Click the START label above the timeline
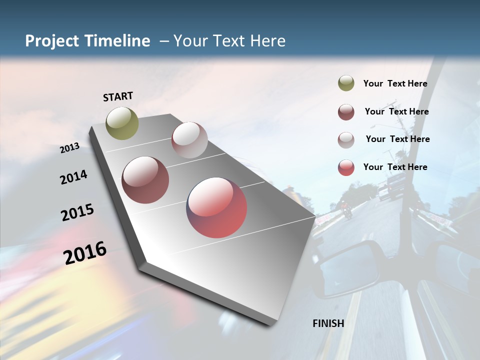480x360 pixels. pos(118,96)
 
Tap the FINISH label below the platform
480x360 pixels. pos(328,323)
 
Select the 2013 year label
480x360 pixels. pos(70,147)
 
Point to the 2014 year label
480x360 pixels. pos(73,177)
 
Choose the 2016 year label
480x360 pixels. pos(85,253)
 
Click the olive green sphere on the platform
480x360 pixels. pos(122,123)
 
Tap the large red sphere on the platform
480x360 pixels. pos(216,207)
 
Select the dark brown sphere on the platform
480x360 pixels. pos(145,180)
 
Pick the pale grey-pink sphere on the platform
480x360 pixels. pos(189,140)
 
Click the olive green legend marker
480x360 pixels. pos(346,83)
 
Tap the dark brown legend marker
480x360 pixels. pos(346,112)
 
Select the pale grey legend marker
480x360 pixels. pos(346,140)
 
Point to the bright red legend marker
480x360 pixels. pos(346,167)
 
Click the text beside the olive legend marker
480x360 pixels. pos(395,84)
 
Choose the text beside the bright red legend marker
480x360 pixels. pos(395,167)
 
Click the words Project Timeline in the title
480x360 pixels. pos(87,41)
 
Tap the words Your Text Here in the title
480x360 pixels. pos(229,41)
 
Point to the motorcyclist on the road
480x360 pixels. pos(346,208)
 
